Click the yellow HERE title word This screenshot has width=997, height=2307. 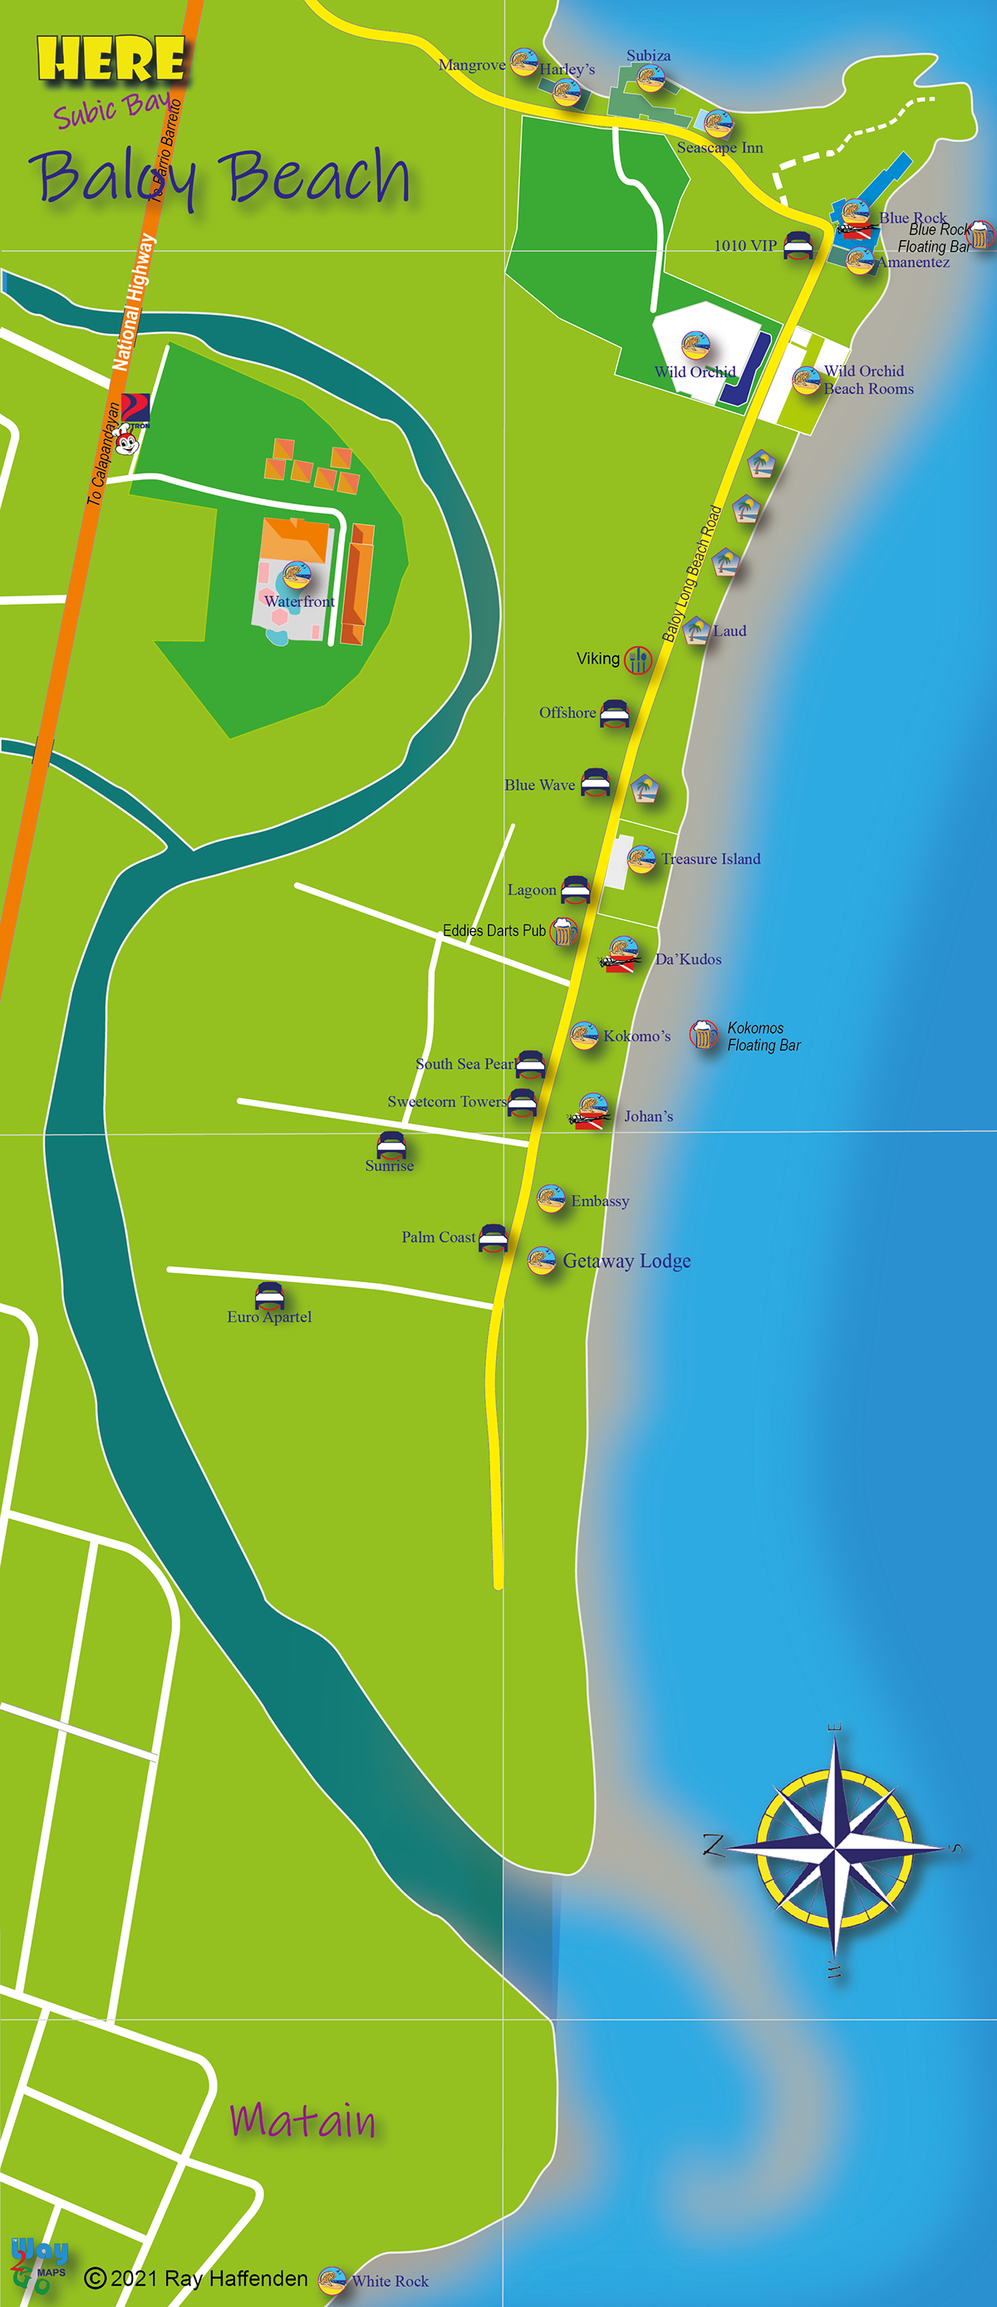pyautogui.click(x=111, y=60)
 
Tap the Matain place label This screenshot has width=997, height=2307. pyautogui.click(x=302, y=2120)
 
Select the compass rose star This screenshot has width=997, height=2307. pyautogui.click(x=835, y=1847)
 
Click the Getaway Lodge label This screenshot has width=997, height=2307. pyautogui.click(x=626, y=1260)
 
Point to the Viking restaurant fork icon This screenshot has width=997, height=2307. pyautogui.click(x=638, y=659)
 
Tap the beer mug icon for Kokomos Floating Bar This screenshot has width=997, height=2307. pyautogui.click(x=703, y=1035)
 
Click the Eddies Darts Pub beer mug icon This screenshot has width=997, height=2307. pyautogui.click(x=563, y=932)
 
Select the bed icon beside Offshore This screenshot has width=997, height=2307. pyautogui.click(x=615, y=713)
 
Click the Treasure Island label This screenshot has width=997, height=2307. pyautogui.click(x=710, y=859)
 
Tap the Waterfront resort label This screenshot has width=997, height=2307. pyautogui.click(x=299, y=602)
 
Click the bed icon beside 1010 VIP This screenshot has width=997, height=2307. pyautogui.click(x=798, y=244)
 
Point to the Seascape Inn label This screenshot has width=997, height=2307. pyautogui.click(x=720, y=148)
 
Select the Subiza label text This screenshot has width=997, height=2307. pyautogui.click(x=649, y=56)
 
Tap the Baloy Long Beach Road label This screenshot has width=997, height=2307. pyautogui.click(x=692, y=574)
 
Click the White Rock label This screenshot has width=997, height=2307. pyautogui.click(x=390, y=2281)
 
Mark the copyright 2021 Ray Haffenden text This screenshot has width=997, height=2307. pyautogui.click(x=198, y=2278)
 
